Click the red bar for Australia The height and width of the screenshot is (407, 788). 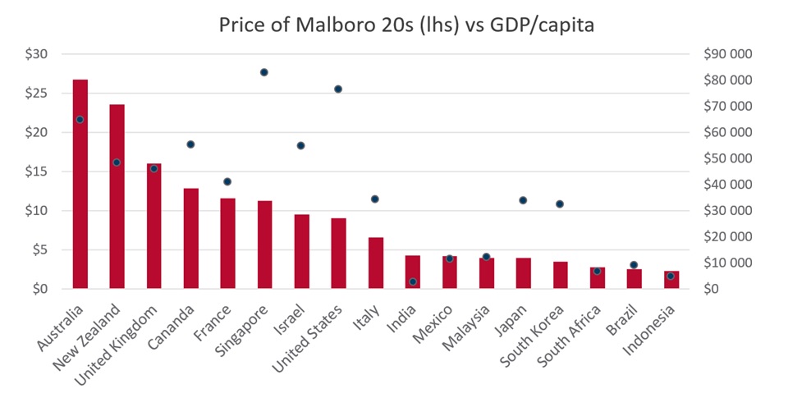[80, 184]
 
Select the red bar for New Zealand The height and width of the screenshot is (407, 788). [117, 196]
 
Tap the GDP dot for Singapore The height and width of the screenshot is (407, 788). [263, 72]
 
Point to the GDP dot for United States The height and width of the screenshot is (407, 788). [337, 89]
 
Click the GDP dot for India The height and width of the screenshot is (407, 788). [413, 282]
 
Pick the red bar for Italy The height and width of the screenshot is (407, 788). [376, 263]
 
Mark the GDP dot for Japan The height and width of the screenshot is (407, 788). [523, 200]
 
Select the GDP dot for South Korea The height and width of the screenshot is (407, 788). [559, 204]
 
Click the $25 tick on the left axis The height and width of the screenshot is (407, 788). [36, 93]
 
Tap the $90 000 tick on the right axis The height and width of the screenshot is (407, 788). [728, 54]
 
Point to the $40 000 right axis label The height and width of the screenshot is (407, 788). [728, 185]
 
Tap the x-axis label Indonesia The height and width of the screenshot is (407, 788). [648, 331]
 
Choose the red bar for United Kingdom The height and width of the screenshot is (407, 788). [153, 226]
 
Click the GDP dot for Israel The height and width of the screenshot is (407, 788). [300, 146]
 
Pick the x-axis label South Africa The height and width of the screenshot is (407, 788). [569, 336]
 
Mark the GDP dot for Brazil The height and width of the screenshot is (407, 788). [633, 265]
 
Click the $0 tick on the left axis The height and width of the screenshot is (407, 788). [39, 289]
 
